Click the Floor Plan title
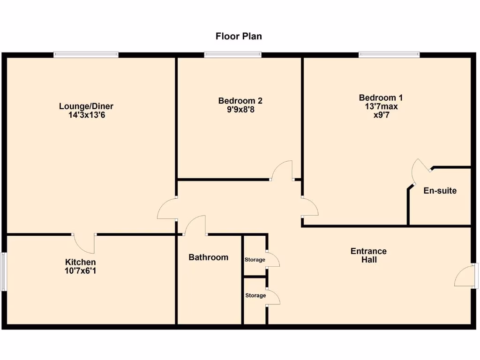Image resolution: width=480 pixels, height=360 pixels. click(x=239, y=36)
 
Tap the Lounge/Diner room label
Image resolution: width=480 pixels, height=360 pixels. click(x=86, y=106)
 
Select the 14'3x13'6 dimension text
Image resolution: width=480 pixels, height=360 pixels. click(x=86, y=114)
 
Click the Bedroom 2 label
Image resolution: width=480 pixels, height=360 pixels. click(x=240, y=101)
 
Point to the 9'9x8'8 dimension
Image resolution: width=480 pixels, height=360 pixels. click(x=240, y=110)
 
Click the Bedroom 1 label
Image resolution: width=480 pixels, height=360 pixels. click(x=381, y=98)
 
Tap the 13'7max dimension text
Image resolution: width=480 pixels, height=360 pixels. click(x=381, y=106)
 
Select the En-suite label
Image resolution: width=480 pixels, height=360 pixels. click(x=440, y=191)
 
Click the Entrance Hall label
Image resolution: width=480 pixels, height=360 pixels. click(x=368, y=255)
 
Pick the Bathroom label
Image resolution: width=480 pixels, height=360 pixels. click(x=208, y=257)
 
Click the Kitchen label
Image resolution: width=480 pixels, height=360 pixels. click(x=80, y=262)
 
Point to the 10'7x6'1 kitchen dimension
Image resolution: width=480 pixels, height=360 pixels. click(x=80, y=270)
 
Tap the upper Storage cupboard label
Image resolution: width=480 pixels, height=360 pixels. click(x=255, y=260)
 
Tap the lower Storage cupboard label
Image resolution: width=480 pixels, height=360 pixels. click(x=255, y=295)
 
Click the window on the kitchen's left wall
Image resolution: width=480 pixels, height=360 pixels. click(x=3, y=271)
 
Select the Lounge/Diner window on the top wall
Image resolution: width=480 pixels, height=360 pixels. click(x=86, y=55)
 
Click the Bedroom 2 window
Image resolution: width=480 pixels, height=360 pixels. click(x=233, y=55)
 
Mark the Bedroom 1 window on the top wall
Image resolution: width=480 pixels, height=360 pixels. click(x=389, y=55)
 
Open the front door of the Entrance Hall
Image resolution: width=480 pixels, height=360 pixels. click(x=466, y=275)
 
